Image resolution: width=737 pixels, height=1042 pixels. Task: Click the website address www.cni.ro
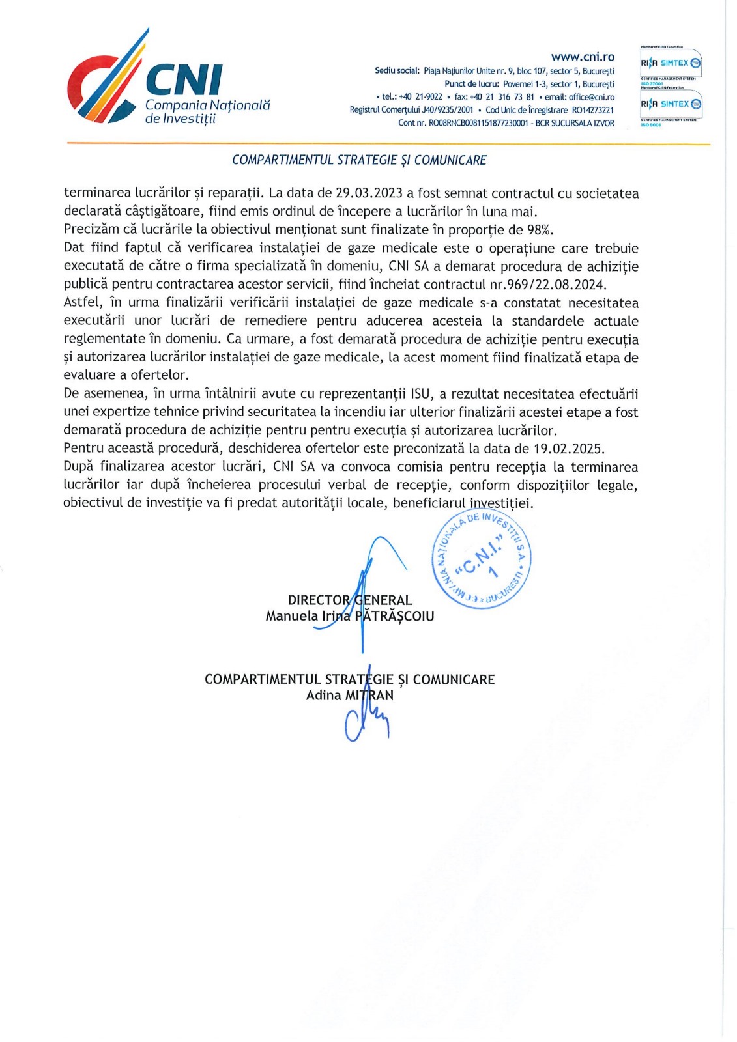[x=582, y=57]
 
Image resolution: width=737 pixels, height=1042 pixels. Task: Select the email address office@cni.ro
[x=591, y=97]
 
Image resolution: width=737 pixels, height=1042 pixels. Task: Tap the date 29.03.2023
[x=369, y=193]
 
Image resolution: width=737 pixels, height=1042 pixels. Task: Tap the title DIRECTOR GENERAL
[x=350, y=600]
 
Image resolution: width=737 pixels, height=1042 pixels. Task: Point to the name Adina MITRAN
[x=349, y=696]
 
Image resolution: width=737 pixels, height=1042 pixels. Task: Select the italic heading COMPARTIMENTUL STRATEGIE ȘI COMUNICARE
[x=359, y=160]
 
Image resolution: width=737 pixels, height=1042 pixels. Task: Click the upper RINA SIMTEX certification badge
[x=671, y=63]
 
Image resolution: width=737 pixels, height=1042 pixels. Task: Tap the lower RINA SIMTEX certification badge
[x=671, y=104]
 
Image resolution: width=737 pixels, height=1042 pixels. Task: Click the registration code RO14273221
[x=592, y=110]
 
